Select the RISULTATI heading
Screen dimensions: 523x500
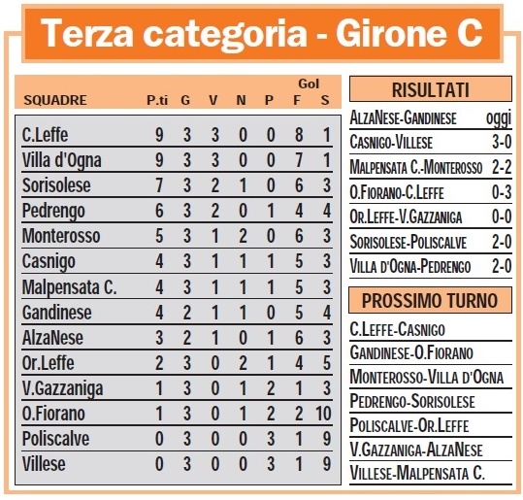(x=430, y=91)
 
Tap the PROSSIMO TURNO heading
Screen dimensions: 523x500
(x=430, y=300)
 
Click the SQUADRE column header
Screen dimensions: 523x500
(x=55, y=99)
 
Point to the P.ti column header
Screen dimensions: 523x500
(x=157, y=99)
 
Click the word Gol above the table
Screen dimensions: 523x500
(x=310, y=83)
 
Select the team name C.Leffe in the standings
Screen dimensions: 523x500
(x=46, y=136)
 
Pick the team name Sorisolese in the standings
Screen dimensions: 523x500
(x=55, y=185)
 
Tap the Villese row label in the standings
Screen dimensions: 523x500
(x=44, y=464)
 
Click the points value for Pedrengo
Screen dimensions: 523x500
(x=159, y=211)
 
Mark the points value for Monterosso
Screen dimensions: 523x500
(x=159, y=236)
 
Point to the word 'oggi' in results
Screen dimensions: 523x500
(x=496, y=117)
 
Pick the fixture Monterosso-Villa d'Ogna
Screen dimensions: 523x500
(x=428, y=376)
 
